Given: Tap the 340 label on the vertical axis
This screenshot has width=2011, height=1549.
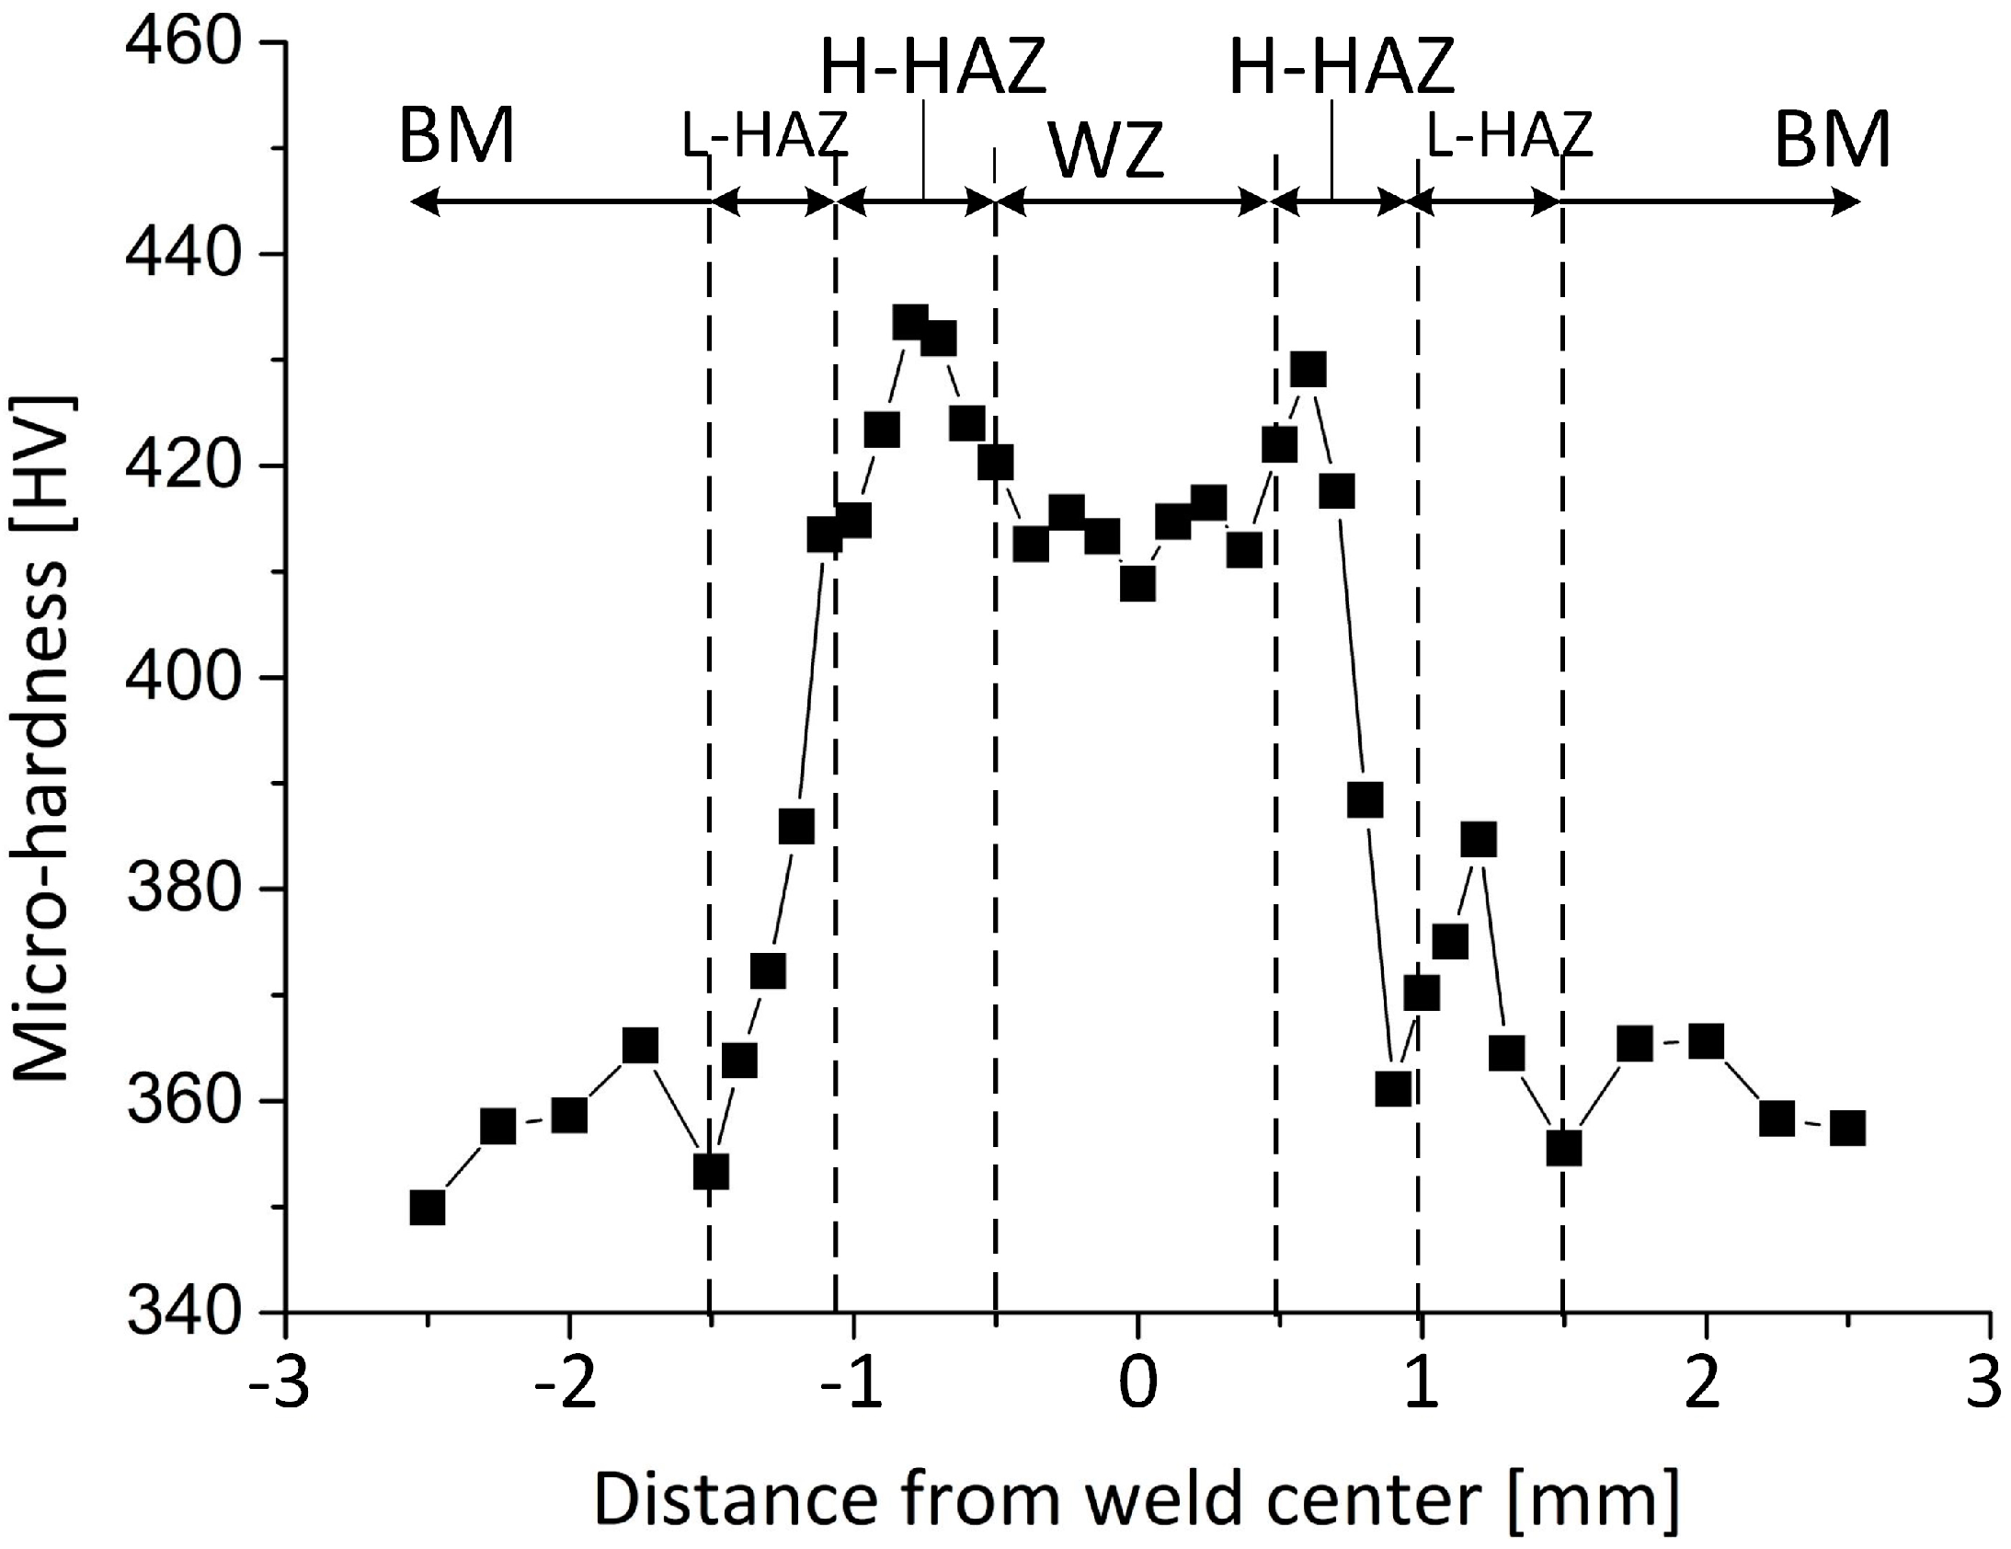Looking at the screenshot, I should click(x=185, y=1314).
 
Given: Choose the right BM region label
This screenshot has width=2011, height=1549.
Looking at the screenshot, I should click(x=1833, y=138).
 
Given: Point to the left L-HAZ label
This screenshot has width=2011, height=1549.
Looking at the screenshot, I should click(x=764, y=135).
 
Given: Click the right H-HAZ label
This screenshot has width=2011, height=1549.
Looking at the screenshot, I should click(x=1343, y=67).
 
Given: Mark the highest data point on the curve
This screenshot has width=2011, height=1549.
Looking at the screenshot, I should click(x=910, y=323).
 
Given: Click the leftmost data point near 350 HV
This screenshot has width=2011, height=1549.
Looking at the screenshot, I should click(x=428, y=1208).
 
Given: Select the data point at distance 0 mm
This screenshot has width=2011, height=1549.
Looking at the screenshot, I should click(x=1138, y=584).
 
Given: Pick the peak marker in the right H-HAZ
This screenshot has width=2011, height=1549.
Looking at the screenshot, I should click(x=1308, y=369).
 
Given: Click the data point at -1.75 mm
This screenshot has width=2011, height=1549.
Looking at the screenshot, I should click(x=640, y=1046).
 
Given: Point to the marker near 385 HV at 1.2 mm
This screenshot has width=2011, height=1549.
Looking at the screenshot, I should click(x=1479, y=840).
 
